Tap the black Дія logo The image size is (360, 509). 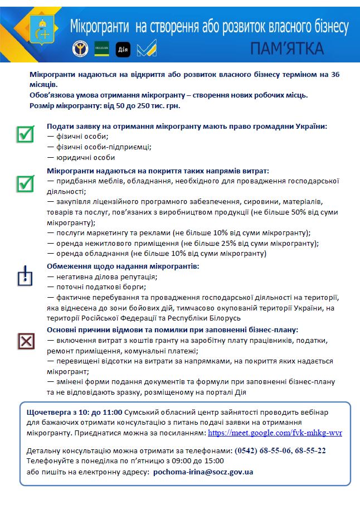(x=123, y=49)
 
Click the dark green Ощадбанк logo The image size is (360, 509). (x=101, y=49)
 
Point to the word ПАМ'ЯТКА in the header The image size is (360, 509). (x=286, y=49)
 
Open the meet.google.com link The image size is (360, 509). (x=275, y=433)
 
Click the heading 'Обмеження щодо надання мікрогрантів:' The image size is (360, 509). (x=123, y=266)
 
